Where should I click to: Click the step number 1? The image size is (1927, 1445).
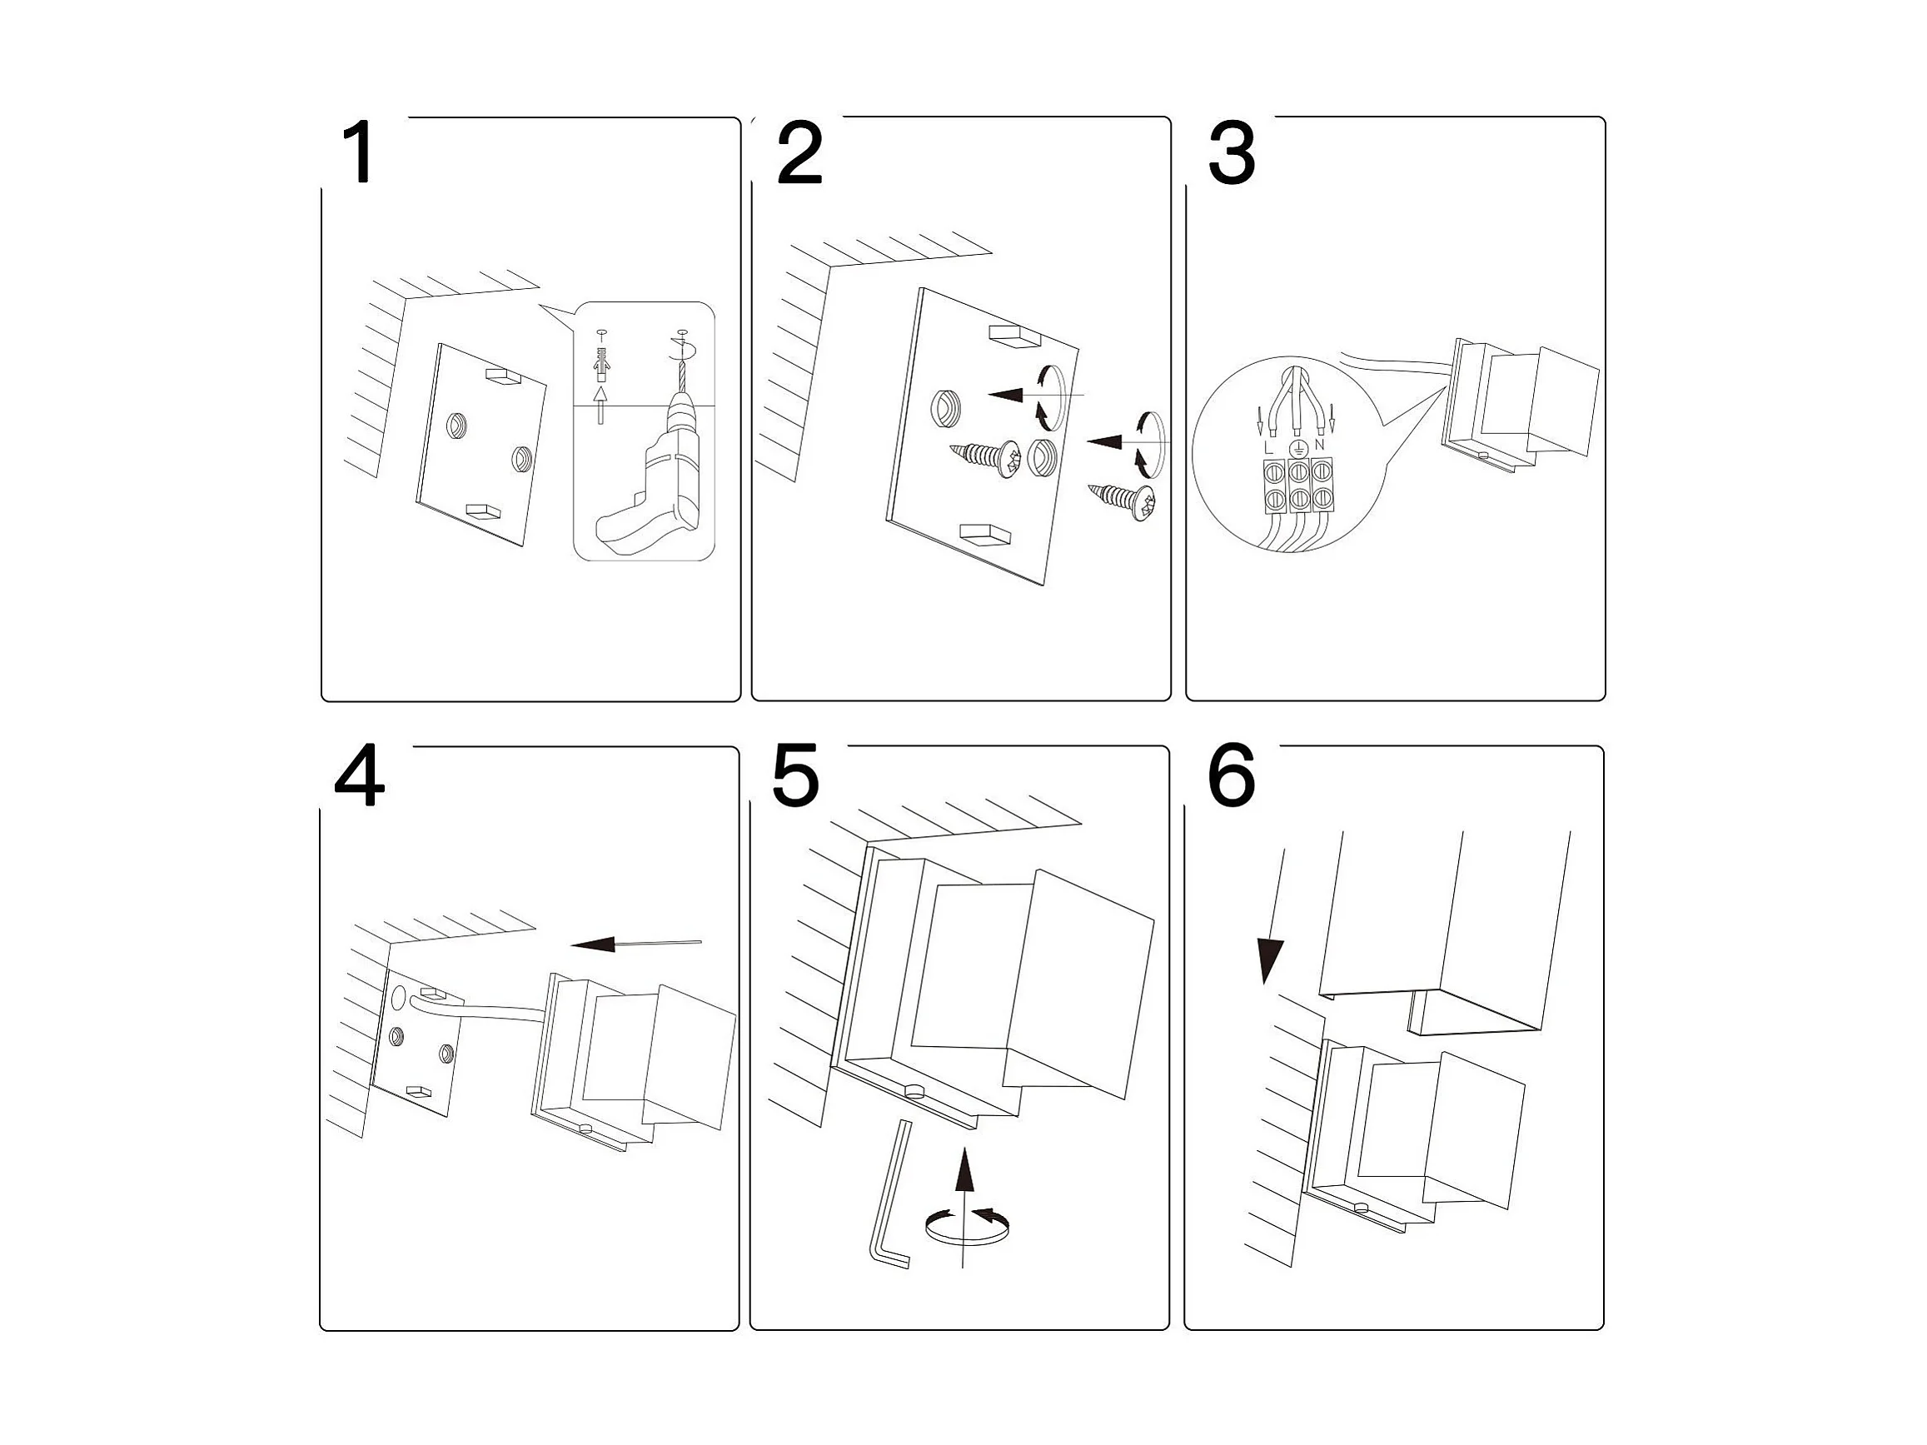click(358, 153)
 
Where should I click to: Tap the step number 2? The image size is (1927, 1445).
click(799, 153)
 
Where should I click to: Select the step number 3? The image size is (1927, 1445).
click(1231, 153)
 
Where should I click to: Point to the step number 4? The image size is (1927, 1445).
click(359, 777)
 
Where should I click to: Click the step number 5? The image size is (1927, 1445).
click(795, 775)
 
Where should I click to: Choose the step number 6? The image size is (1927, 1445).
click(1231, 775)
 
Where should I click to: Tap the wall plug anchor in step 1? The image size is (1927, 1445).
click(600, 361)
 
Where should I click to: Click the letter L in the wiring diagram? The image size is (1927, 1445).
click(1268, 447)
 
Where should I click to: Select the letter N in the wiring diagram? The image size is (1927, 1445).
click(1319, 445)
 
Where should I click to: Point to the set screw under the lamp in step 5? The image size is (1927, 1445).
click(913, 1089)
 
